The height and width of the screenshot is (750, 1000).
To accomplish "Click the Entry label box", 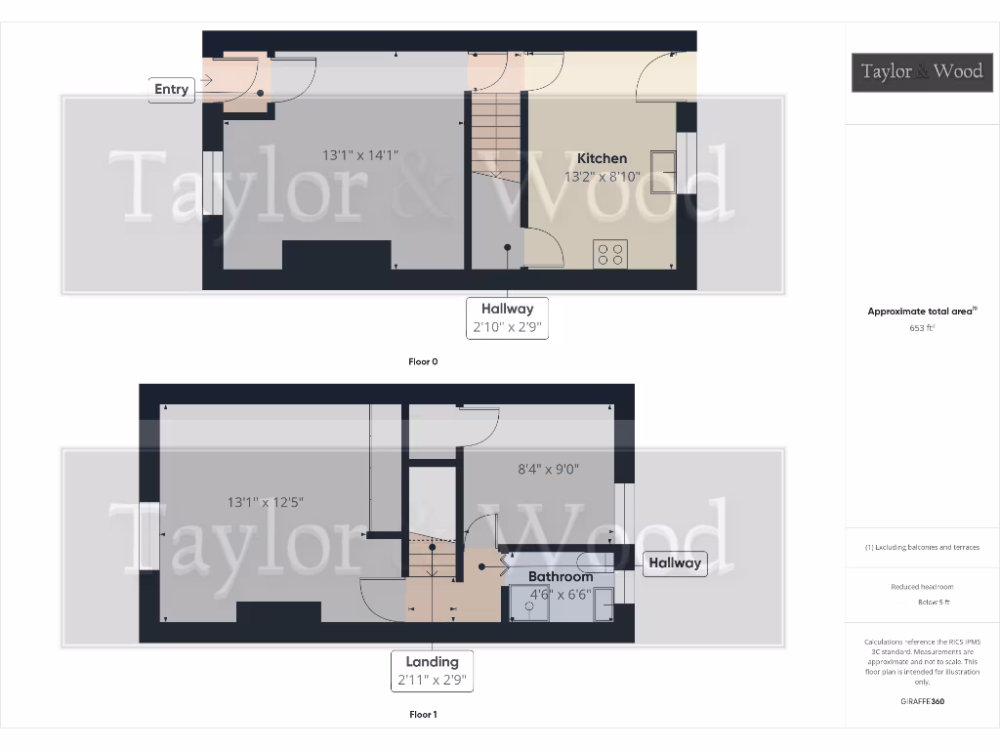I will pyautogui.click(x=171, y=89).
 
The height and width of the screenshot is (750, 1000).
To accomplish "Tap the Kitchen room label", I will pyautogui.click(x=602, y=158).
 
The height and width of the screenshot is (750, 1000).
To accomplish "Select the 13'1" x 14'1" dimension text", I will pyautogui.click(x=360, y=155).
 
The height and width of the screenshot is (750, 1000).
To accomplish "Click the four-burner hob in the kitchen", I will pyautogui.click(x=610, y=254).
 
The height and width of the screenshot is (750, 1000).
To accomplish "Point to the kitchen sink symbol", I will pyautogui.click(x=663, y=172).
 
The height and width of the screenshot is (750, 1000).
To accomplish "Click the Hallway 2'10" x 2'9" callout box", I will pyautogui.click(x=507, y=318).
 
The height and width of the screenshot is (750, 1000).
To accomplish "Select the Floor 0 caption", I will pyautogui.click(x=423, y=361).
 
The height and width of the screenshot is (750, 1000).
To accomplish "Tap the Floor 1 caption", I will pyautogui.click(x=423, y=715).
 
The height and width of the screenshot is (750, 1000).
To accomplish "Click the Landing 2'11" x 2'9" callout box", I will pyautogui.click(x=432, y=671).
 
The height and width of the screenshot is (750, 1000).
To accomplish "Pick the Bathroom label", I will pyautogui.click(x=561, y=576).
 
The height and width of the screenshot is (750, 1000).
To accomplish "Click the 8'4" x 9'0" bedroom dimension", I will pyautogui.click(x=548, y=469).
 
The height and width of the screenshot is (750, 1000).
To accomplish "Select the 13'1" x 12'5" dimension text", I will pyautogui.click(x=266, y=502).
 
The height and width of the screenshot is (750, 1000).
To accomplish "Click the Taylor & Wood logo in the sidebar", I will pyautogui.click(x=921, y=71).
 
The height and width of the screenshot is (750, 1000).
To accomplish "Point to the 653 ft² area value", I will pyautogui.click(x=922, y=329).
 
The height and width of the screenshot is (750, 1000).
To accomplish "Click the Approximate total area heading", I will pyautogui.click(x=921, y=312).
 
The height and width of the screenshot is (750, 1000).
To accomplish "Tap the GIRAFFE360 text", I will pyautogui.click(x=922, y=701).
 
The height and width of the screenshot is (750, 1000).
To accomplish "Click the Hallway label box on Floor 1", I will pyautogui.click(x=674, y=562).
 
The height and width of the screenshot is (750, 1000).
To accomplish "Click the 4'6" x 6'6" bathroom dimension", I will pyautogui.click(x=560, y=594).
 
